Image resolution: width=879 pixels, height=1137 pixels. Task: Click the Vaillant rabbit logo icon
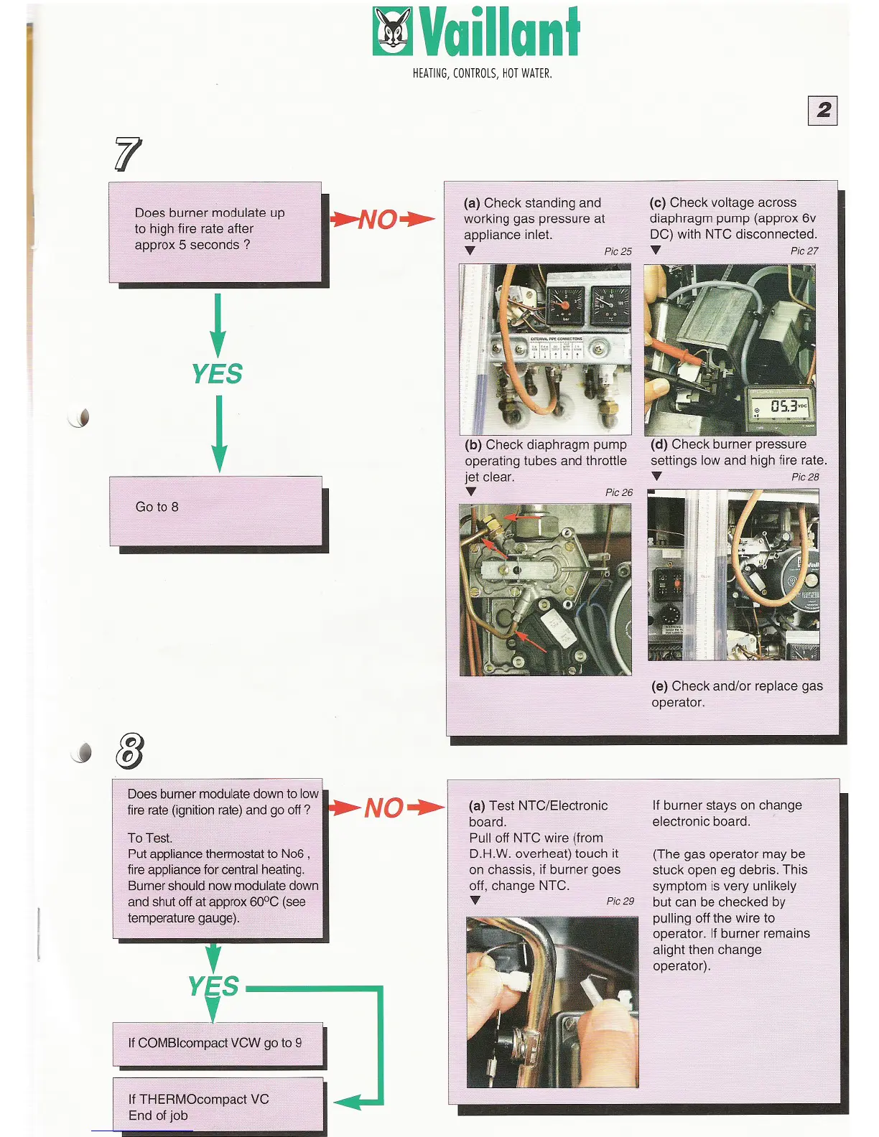[393, 31]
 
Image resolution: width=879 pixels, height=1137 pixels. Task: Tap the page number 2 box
[823, 111]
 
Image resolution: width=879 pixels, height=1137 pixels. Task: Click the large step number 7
[128, 154]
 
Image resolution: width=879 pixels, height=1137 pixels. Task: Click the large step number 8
[129, 751]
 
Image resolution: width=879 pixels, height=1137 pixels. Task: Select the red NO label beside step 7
[378, 220]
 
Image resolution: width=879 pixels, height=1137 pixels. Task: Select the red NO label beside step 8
[383, 808]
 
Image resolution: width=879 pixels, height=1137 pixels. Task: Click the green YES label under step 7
[217, 373]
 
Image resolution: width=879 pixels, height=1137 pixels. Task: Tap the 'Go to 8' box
[215, 510]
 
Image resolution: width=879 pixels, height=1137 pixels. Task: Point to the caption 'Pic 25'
[618, 251]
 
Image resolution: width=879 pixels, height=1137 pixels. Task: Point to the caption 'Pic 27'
[804, 251]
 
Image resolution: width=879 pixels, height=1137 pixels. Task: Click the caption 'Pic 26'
[619, 492]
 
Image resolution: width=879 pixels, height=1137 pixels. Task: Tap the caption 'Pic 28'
[805, 477]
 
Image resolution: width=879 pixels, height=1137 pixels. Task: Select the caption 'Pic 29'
[620, 901]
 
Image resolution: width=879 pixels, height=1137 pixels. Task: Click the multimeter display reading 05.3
[783, 407]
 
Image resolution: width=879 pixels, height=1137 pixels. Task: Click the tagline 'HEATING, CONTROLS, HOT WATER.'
[482, 73]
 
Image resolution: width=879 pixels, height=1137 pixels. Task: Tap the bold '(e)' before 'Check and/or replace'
[659, 686]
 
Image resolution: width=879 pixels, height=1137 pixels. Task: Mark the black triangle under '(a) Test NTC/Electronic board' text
[475, 900]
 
